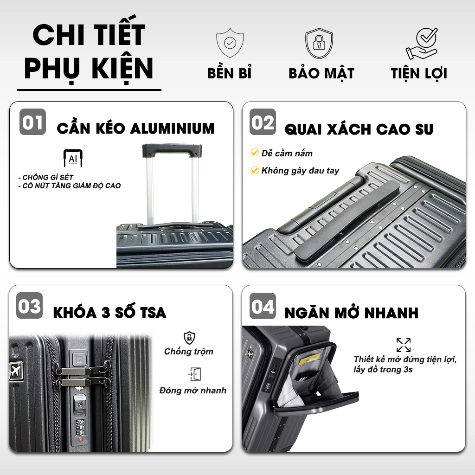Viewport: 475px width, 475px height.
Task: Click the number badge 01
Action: pos(33,122)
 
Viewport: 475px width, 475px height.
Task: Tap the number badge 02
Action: pos(263,122)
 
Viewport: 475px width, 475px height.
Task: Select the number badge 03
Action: pos(29,305)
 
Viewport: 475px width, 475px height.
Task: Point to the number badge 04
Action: pos(263,306)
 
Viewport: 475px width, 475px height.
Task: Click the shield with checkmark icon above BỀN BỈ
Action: pos(230,43)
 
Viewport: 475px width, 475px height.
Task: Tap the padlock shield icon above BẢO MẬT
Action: pos(319,43)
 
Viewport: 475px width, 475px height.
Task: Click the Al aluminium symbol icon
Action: pos(73,158)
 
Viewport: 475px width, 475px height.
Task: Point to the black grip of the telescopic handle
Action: pos(172,151)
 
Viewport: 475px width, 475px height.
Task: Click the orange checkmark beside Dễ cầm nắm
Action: pos(255,153)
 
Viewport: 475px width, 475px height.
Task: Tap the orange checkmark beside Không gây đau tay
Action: pos(255,170)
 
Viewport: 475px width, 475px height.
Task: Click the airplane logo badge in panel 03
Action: pos(16,370)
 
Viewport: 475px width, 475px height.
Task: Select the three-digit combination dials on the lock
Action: pos(80,427)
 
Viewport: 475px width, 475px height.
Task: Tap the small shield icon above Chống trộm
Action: pos(189,338)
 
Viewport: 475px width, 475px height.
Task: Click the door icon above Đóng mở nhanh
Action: pos(194,374)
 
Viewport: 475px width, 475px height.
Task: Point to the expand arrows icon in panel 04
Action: pos(404,345)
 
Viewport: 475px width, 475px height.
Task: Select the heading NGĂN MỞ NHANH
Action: pos(352,313)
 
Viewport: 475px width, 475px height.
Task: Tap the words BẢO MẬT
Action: pos(321,73)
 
